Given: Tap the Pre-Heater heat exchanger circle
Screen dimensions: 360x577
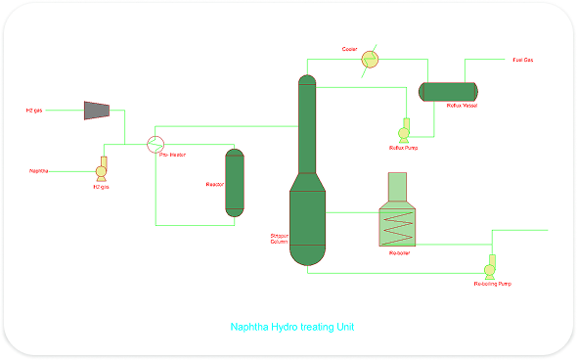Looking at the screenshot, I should [155, 144].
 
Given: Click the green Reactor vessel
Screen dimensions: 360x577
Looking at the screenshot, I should [235, 182].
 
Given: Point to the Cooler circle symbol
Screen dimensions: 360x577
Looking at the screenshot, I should [370, 60].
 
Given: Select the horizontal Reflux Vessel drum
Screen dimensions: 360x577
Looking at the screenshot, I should [447, 91].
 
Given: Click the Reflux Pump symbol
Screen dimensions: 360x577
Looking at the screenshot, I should [403, 132].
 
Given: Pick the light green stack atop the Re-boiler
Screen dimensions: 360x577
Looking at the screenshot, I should [397, 189].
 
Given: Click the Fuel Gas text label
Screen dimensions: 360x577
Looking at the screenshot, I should [523, 60].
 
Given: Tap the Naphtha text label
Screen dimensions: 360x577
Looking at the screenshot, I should [39, 171].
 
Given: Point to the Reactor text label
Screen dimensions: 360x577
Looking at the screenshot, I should [215, 184].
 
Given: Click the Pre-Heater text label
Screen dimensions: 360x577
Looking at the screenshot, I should [172, 156].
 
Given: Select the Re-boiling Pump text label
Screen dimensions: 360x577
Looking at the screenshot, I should [492, 284].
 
